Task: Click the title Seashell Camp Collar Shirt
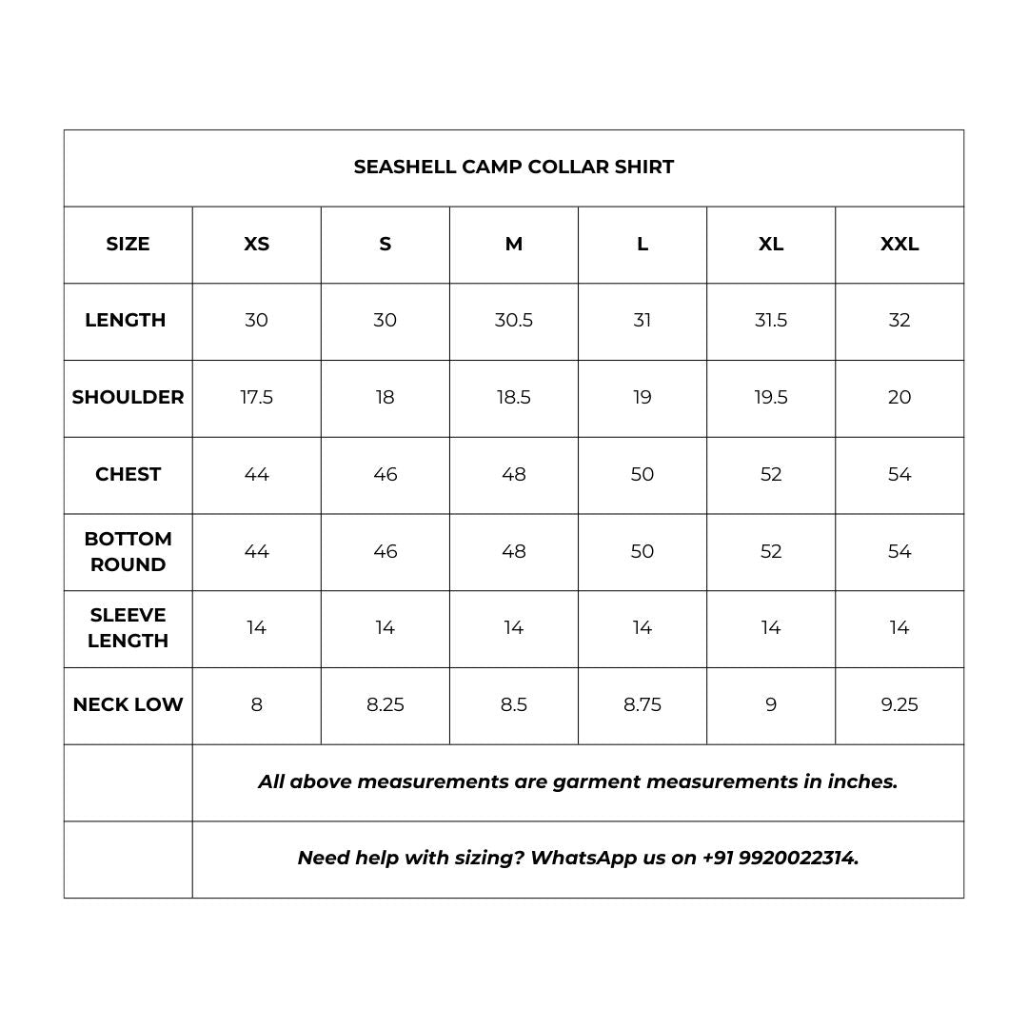pos(514,167)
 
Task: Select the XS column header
pos(257,244)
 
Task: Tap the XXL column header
pos(899,244)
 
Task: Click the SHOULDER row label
pos(128,397)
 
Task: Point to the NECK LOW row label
pos(128,704)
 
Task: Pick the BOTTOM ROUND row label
pos(128,551)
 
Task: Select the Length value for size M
pos(514,320)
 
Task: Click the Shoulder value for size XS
pos(257,397)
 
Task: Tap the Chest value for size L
pos(642,474)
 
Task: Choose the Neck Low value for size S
pos(385,704)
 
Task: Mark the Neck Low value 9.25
pos(899,704)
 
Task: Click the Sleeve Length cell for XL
pos(771,627)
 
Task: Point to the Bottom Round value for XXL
pos(899,551)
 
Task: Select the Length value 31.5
pos(771,320)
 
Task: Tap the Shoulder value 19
pos(642,397)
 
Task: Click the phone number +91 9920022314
pos(781,858)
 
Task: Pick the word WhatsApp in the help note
pos(583,858)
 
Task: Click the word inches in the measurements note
pos(862,781)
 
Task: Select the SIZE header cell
pos(128,244)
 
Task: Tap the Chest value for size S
pos(385,474)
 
